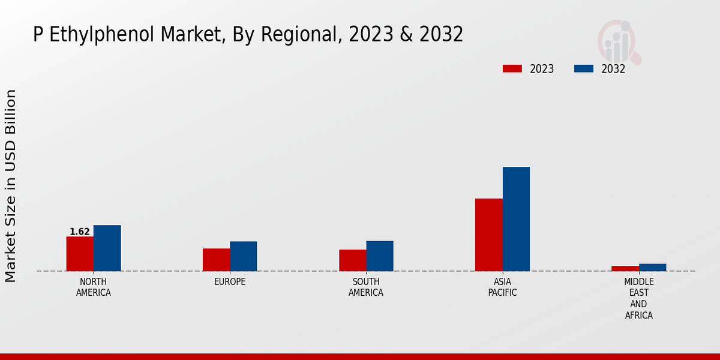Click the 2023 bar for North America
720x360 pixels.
[80, 254]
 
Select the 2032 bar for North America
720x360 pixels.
[107, 248]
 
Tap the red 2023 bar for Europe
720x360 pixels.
[216, 260]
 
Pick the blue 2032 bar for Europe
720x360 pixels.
[244, 256]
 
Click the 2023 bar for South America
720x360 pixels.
[352, 260]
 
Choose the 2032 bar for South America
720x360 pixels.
[380, 256]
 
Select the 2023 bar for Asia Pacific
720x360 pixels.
[488, 235]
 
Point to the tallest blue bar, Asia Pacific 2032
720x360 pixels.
[516, 219]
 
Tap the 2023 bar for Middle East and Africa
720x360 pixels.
[625, 268]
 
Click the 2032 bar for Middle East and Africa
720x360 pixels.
[653, 268]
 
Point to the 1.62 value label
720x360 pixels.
[80, 232]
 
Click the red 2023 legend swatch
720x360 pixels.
[512, 68]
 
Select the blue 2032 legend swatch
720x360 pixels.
[584, 68]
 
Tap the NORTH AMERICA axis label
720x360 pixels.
[94, 287]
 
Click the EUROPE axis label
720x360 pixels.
[230, 282]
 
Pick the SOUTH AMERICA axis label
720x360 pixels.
[366, 287]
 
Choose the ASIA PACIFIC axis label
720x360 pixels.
[502, 287]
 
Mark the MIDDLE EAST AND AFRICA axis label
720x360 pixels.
[639, 299]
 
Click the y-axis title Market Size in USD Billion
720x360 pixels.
[11, 186]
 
